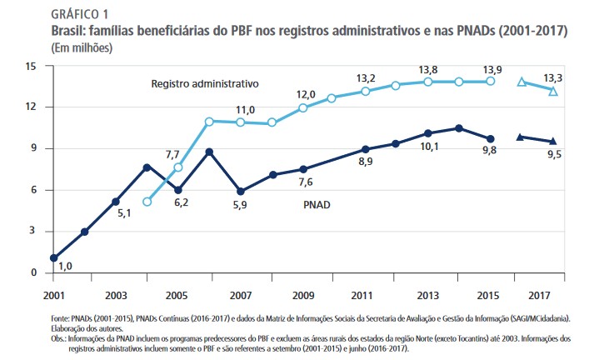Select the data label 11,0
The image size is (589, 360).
coord(245,109)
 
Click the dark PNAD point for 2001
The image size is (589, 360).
coord(54,258)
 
